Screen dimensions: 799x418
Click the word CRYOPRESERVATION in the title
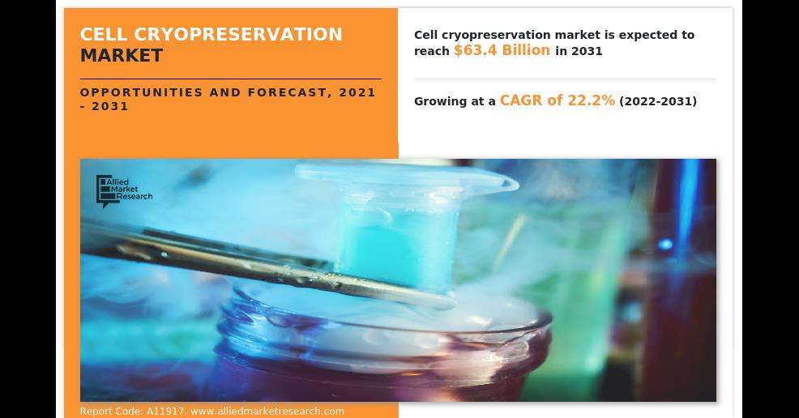[238, 34]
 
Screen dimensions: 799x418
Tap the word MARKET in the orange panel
[122, 56]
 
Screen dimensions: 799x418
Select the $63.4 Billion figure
[502, 50]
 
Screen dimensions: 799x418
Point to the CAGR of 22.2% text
[557, 100]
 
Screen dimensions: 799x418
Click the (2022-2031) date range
[658, 100]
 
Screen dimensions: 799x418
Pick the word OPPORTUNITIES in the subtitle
[142, 92]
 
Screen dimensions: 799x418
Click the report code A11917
[165, 412]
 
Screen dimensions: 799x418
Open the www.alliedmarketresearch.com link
[267, 412]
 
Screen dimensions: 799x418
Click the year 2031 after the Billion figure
[587, 51]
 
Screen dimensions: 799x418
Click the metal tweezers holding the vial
[265, 265]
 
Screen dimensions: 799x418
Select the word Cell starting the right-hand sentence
[425, 35]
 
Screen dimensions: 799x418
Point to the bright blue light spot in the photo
[664, 245]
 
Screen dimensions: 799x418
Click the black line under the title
[230, 79]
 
